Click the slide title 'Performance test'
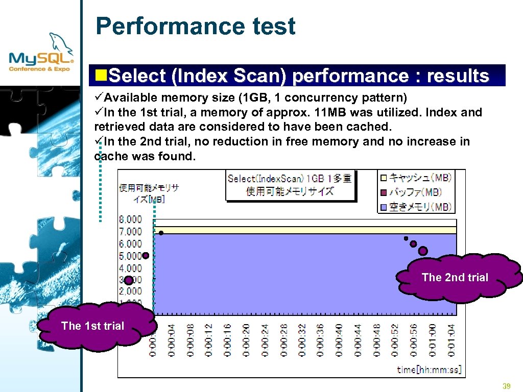click(195, 26)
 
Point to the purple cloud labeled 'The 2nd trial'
click(455, 278)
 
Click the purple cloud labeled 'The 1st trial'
click(92, 326)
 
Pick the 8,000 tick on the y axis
click(130, 219)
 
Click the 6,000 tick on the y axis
click(130, 244)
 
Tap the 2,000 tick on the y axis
click(130, 291)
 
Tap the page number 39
click(507, 386)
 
